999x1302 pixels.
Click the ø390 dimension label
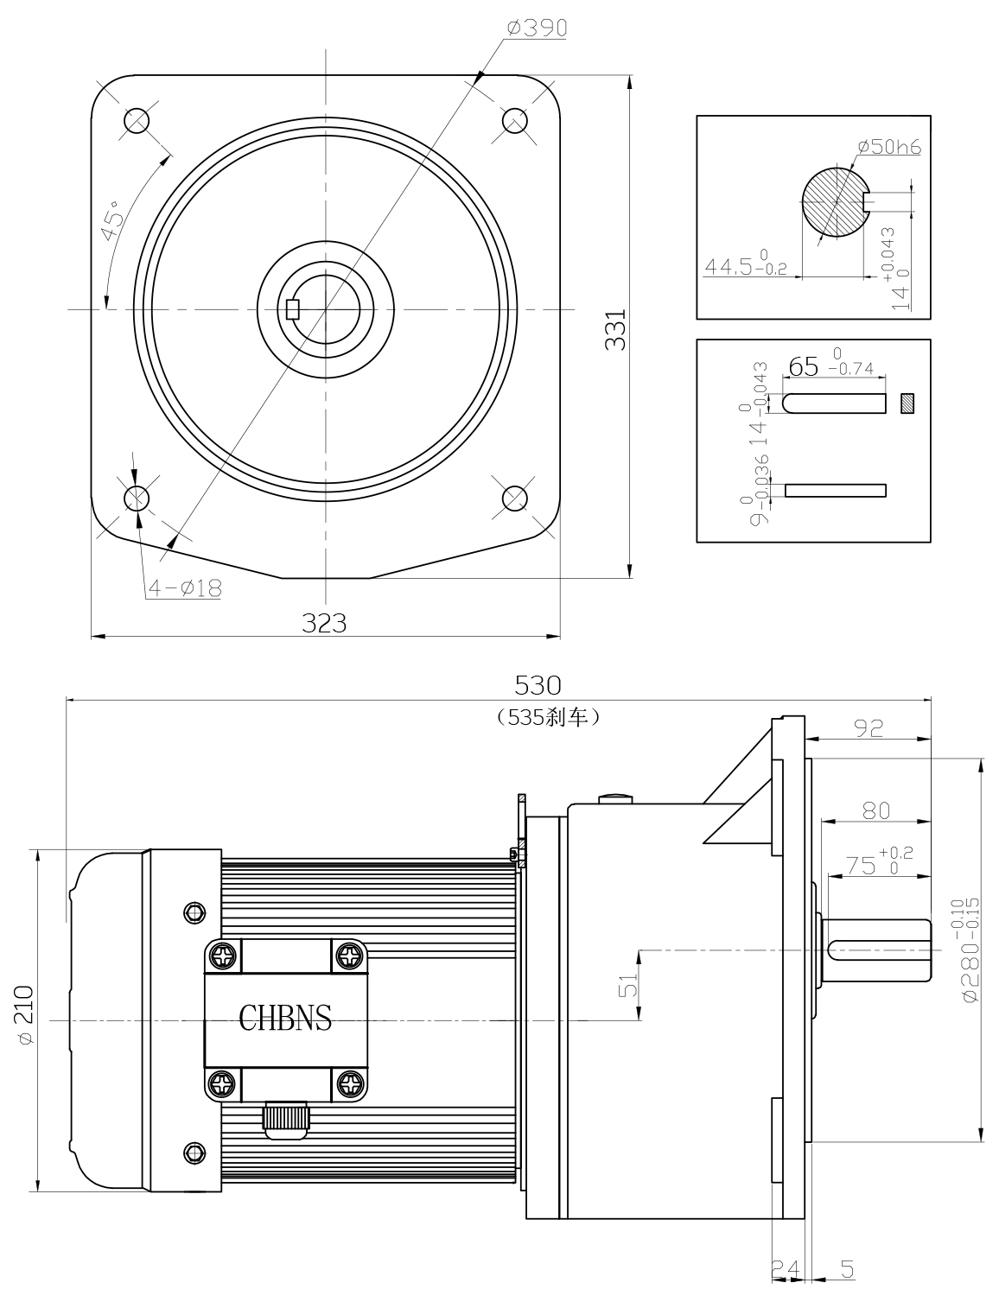537,29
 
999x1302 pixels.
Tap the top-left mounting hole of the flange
137,120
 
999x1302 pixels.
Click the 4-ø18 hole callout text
185,588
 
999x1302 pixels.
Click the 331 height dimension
615,328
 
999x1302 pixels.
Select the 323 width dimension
325,623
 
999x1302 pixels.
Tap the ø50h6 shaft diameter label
889,147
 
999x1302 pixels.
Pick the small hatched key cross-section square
907,403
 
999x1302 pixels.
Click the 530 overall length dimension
538,685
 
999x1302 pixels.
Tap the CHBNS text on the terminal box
285,1019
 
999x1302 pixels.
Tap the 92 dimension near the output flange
868,727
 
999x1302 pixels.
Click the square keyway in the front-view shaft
293,308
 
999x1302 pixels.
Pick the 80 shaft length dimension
875,810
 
